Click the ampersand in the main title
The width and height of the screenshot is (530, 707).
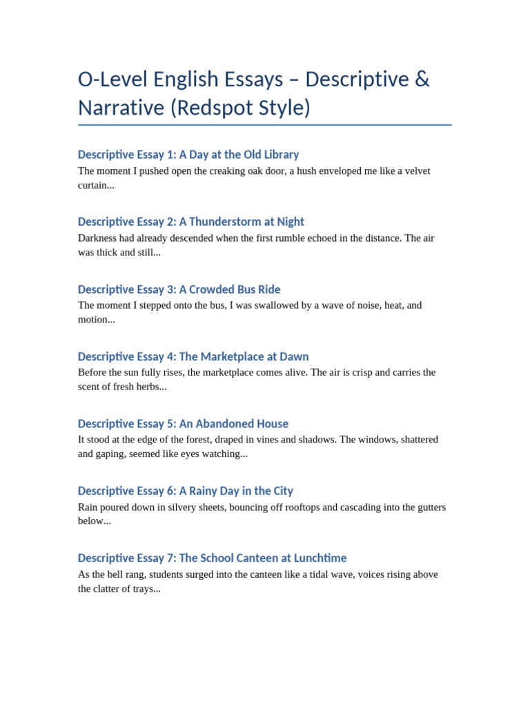click(422, 79)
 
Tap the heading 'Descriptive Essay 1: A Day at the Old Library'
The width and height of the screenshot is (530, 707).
click(188, 155)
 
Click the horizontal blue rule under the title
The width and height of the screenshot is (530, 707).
click(265, 125)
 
